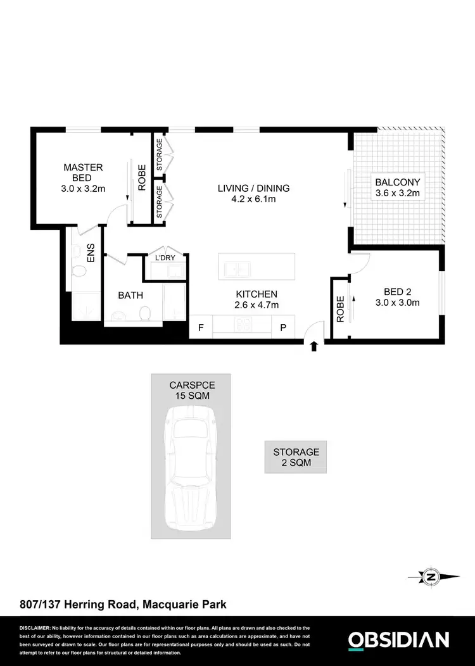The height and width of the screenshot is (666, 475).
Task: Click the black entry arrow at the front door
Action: [x=314, y=345]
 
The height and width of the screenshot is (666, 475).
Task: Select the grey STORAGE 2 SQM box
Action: [x=296, y=457]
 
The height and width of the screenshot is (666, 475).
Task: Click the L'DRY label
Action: [x=165, y=258]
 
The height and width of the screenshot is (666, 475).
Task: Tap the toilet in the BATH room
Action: [x=145, y=313]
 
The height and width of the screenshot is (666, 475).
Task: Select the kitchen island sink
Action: [x=239, y=269]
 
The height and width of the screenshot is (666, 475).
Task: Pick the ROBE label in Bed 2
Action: [x=340, y=310]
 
